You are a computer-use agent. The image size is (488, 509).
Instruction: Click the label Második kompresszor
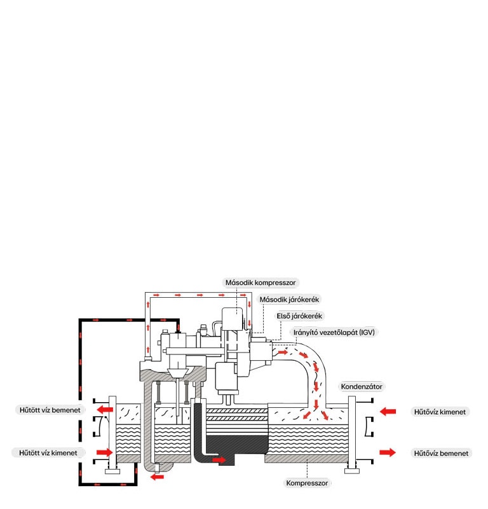(x=261, y=282)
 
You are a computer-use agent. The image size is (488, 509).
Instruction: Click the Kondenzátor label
(x=362, y=386)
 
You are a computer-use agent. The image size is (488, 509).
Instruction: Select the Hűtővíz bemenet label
(x=441, y=453)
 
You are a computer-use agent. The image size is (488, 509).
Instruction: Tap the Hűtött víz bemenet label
(x=49, y=410)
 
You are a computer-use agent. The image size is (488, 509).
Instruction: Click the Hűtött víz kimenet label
(x=48, y=452)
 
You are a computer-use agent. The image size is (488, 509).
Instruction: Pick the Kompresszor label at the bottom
(x=307, y=484)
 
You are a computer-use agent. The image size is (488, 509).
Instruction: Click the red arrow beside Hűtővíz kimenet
(x=388, y=412)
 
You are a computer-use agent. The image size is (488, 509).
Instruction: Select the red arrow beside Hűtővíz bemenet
(x=388, y=452)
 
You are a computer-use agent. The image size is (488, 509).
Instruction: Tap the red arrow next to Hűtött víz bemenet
(x=105, y=410)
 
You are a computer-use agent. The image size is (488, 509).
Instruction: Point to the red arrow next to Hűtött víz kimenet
(x=104, y=452)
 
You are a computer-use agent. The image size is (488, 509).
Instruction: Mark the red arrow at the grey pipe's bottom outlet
(x=156, y=476)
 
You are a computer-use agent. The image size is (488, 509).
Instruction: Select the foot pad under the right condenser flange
(x=351, y=471)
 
